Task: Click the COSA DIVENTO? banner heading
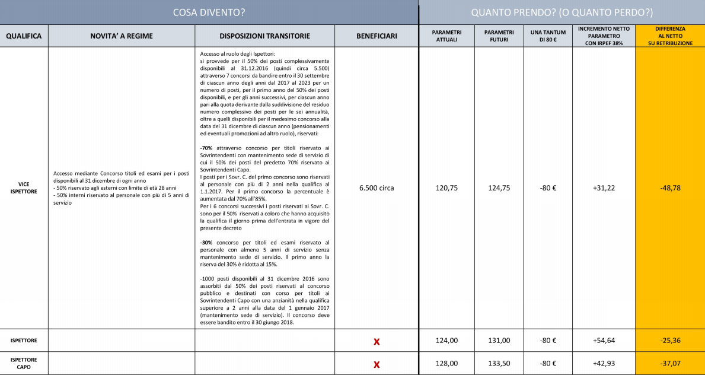(x=209, y=12)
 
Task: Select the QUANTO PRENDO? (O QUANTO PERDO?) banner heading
(x=561, y=12)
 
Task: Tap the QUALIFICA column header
(x=24, y=36)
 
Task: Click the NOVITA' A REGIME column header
(x=121, y=36)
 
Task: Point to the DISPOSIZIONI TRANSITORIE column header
(x=264, y=36)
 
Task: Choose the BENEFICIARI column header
(x=377, y=36)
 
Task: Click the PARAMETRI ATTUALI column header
(x=446, y=36)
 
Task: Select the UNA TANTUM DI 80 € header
(x=547, y=36)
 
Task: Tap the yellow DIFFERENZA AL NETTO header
(x=670, y=36)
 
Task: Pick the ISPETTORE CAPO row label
(x=24, y=363)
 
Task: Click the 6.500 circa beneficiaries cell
(x=377, y=188)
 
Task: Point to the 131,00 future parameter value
(x=499, y=341)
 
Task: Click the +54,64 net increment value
(x=603, y=341)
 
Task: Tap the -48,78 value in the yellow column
(x=670, y=188)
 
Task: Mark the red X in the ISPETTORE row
(x=377, y=341)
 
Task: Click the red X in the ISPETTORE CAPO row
(x=377, y=364)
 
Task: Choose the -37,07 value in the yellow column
(x=670, y=363)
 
